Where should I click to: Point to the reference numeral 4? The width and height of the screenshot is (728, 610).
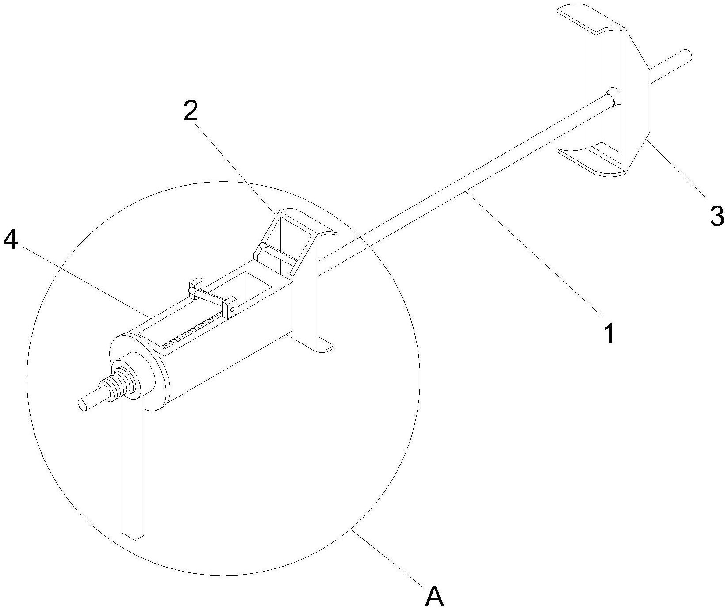point(11,240)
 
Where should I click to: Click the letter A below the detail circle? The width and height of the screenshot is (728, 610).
point(434,597)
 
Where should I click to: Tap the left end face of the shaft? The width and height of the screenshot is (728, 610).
point(83,404)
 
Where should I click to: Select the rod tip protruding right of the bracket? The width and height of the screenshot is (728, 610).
point(686,56)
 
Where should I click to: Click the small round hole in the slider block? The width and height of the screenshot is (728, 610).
point(231,309)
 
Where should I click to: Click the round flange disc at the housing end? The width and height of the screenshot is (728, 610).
point(142,371)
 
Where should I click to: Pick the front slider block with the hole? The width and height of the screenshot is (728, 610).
point(230,307)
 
